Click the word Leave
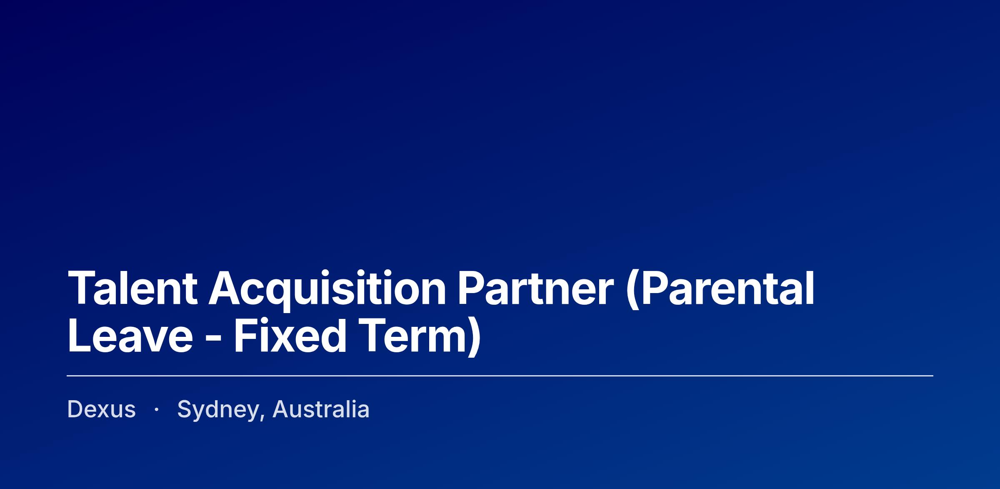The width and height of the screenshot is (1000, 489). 130,335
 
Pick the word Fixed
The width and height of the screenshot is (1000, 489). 290,335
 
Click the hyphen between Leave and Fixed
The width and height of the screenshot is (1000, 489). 213,339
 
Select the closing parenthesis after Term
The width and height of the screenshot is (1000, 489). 474,337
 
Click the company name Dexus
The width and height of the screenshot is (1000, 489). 101,409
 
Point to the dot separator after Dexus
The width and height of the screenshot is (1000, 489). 156,410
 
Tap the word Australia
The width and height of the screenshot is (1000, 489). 321,409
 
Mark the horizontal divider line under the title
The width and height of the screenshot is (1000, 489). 500,376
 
